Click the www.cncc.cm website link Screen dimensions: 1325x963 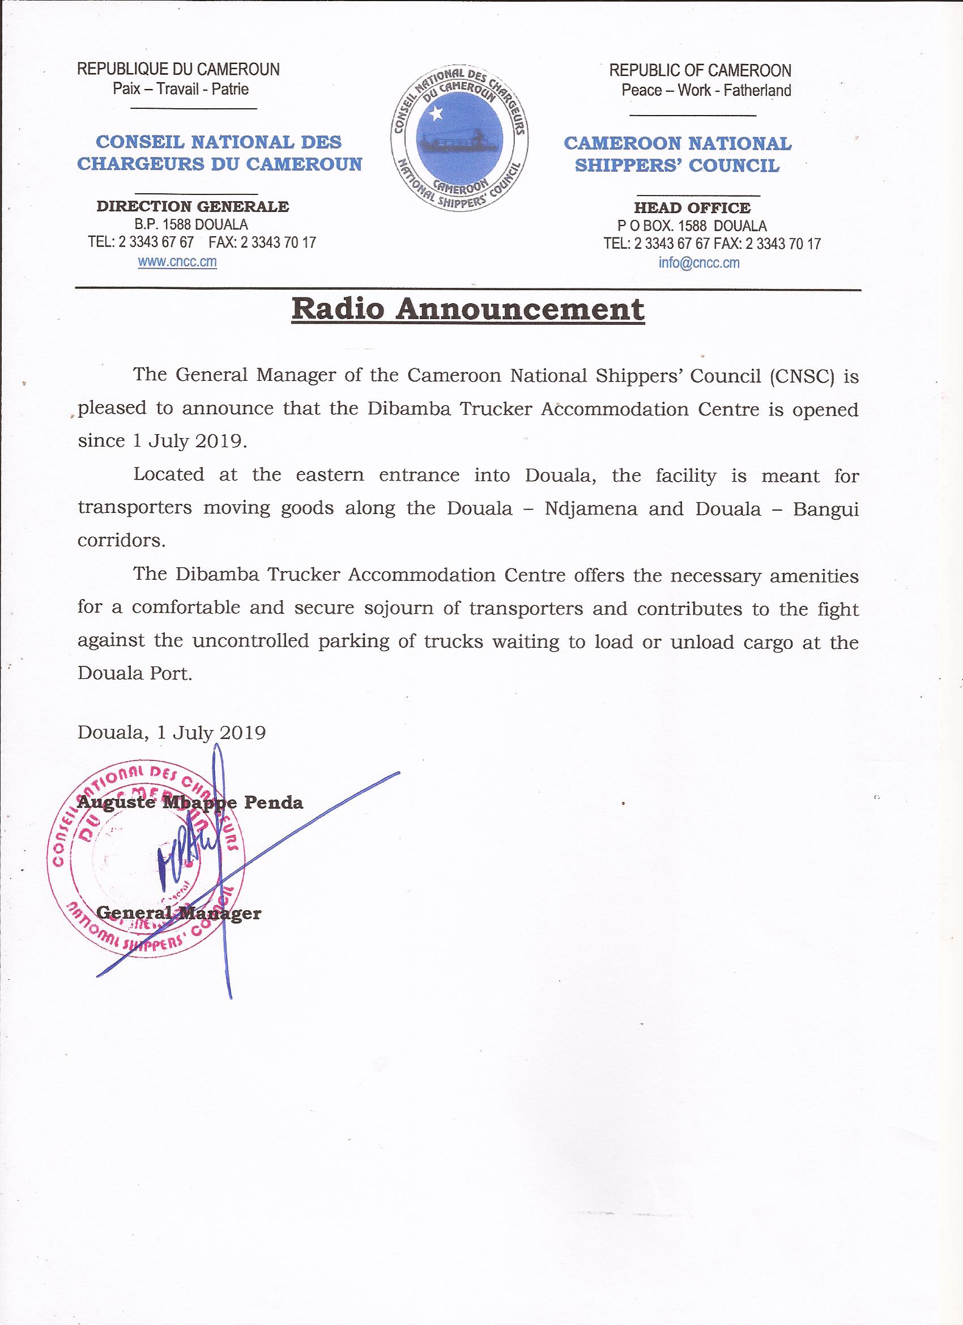click(x=177, y=262)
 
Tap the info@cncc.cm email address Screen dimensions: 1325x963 click(x=699, y=263)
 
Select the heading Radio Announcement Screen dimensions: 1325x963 click(x=468, y=309)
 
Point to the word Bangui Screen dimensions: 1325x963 click(x=825, y=508)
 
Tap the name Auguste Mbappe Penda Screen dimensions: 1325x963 click(x=190, y=802)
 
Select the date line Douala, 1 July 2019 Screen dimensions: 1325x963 click(x=172, y=733)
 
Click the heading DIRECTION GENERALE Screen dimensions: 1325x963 click(x=192, y=206)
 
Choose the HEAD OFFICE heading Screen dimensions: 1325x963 click(x=692, y=207)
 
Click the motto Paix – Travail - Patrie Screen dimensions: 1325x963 click(x=181, y=90)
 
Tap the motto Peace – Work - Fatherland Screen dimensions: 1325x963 click(x=706, y=91)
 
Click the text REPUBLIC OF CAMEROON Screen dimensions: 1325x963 click(x=700, y=71)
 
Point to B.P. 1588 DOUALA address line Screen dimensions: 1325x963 click(x=191, y=224)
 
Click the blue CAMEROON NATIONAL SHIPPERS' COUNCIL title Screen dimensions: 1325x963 click(x=677, y=154)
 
